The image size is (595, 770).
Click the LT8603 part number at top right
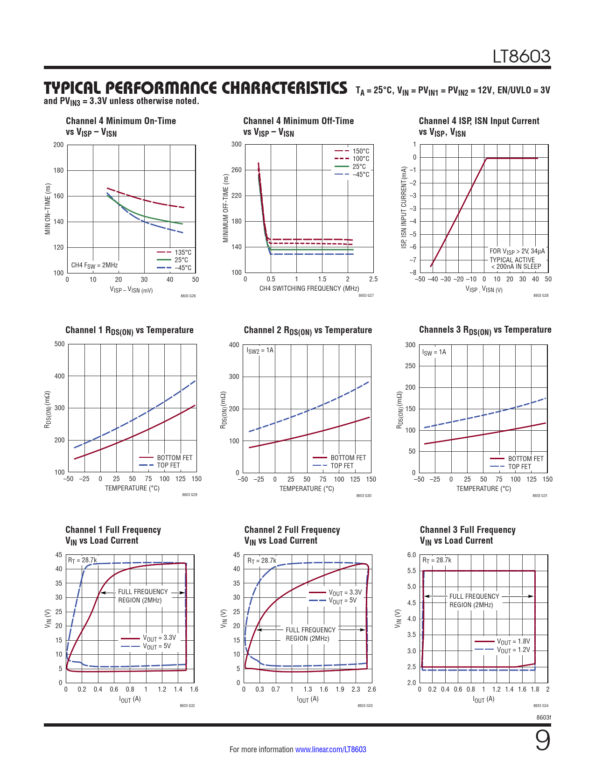click(522, 56)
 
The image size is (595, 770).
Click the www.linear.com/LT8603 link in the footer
click(330, 749)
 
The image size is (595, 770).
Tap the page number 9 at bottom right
click(542, 741)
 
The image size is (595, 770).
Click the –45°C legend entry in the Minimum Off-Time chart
click(360, 175)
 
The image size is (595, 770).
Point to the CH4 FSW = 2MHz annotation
click(94, 265)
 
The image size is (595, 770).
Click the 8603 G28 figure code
click(540, 295)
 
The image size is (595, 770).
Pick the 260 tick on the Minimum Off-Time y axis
click(237, 170)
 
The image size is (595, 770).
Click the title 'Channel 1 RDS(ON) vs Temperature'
click(129, 330)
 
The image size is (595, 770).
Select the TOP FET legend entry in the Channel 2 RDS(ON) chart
click(342, 466)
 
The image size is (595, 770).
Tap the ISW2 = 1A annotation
click(260, 350)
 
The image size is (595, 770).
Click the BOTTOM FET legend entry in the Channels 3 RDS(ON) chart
click(525, 459)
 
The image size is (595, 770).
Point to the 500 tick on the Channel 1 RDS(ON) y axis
click(60, 344)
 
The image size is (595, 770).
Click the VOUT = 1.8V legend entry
click(513, 642)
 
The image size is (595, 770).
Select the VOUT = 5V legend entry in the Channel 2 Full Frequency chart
click(343, 601)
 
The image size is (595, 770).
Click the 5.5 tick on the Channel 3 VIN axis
click(411, 571)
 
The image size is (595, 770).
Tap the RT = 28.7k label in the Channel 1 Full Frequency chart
click(83, 560)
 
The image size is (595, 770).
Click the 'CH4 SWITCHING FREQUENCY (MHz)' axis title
click(309, 288)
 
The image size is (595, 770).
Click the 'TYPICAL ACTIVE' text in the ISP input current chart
click(512, 260)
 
